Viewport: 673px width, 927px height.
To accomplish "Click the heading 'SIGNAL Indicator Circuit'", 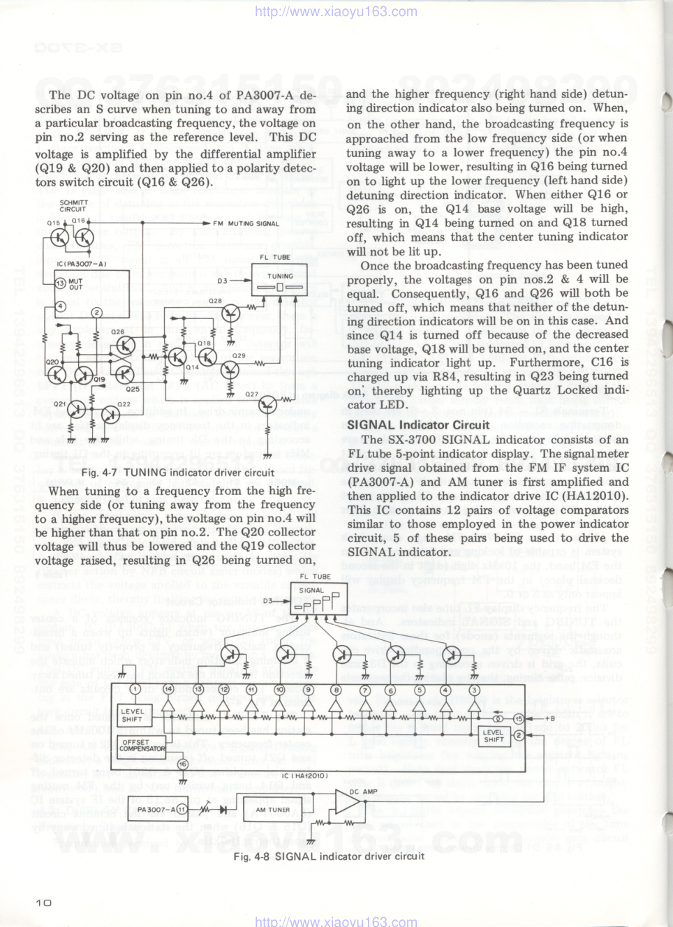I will point(418,424).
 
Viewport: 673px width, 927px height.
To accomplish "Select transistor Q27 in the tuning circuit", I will point(267,403).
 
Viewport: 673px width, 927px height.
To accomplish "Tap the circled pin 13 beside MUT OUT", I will point(60,283).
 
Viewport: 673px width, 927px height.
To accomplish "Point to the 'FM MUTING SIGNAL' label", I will point(246,223).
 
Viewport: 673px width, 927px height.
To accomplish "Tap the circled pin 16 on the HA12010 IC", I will point(182,764).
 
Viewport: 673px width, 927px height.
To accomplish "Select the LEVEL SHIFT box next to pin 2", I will point(494,736).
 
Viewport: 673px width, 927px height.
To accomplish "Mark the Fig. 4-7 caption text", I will point(177,473).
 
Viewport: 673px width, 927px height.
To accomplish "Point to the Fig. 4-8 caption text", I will point(329,856).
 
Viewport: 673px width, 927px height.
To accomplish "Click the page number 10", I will point(43,902).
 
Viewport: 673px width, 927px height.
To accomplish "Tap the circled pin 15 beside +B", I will point(519,718).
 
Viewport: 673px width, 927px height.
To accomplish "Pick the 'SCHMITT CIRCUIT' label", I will point(73,206).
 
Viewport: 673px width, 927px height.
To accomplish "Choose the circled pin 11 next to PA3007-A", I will point(182,810).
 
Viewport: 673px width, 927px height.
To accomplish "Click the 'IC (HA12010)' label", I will point(304,776).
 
